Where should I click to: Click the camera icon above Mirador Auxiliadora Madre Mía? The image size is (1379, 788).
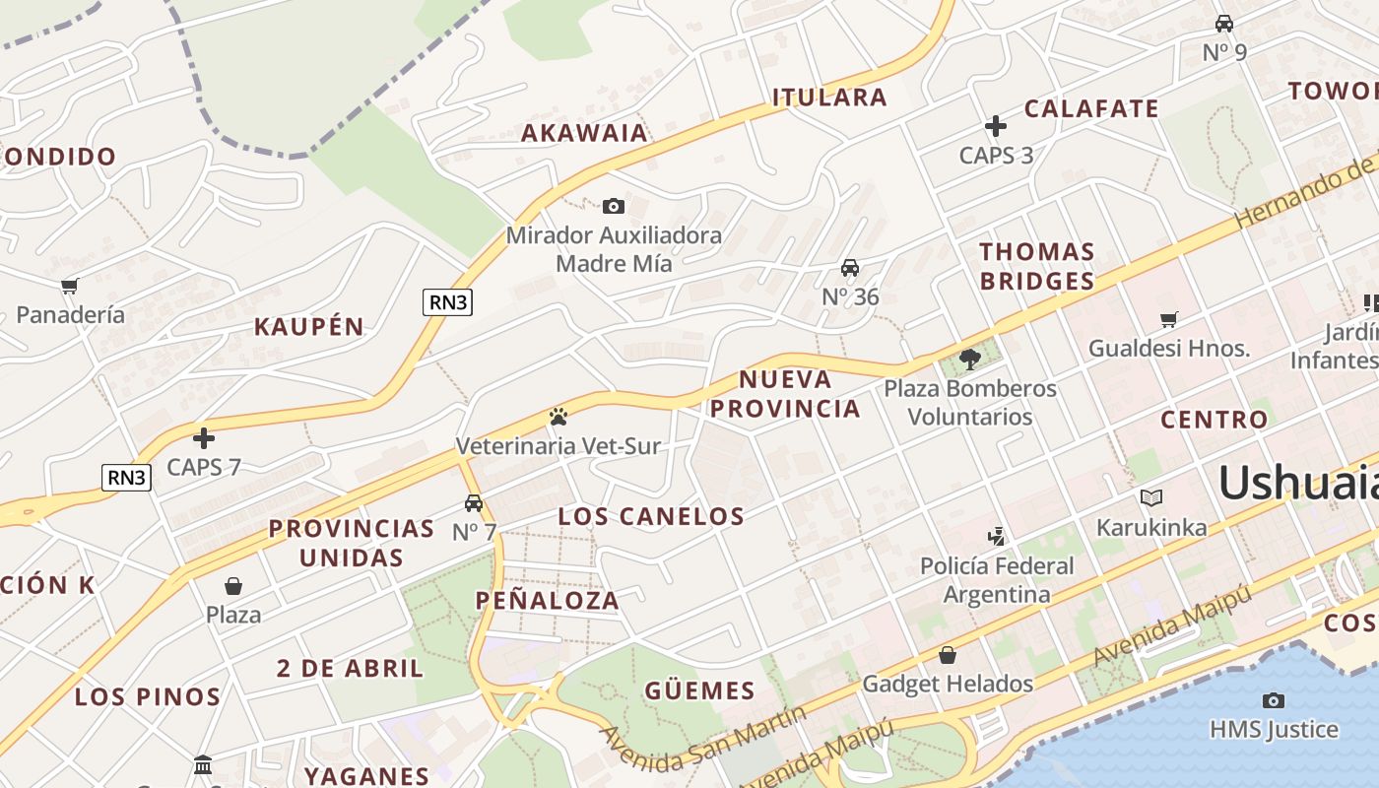pyautogui.click(x=613, y=206)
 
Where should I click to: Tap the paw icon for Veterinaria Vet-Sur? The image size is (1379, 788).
pyautogui.click(x=558, y=417)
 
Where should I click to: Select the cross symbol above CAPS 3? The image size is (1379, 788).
pyautogui.click(x=996, y=126)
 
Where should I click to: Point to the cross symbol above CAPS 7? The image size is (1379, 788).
pyautogui.click(x=204, y=437)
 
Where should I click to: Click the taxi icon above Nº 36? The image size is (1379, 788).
pyautogui.click(x=849, y=268)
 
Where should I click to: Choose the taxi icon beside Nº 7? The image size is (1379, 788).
pyautogui.click(x=474, y=503)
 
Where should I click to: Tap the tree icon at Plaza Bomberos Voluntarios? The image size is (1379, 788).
pyautogui.click(x=969, y=359)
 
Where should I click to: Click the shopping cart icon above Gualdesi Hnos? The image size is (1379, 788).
pyautogui.click(x=1168, y=319)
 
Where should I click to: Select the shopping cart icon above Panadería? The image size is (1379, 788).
pyautogui.click(x=69, y=287)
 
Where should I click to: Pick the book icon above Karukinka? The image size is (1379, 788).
pyautogui.click(x=1150, y=498)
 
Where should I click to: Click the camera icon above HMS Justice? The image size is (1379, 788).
pyautogui.click(x=1273, y=700)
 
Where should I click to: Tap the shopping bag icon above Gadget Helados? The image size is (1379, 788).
pyautogui.click(x=947, y=655)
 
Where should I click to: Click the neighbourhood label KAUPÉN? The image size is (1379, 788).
pyautogui.click(x=309, y=327)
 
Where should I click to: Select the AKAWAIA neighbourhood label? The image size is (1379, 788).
pyautogui.click(x=584, y=133)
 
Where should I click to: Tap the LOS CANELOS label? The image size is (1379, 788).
pyautogui.click(x=651, y=516)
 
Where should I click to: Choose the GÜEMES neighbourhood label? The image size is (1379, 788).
pyautogui.click(x=699, y=690)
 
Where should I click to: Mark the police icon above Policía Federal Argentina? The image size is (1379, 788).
pyautogui.click(x=997, y=537)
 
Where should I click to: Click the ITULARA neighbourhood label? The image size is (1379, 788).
pyautogui.click(x=829, y=98)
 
